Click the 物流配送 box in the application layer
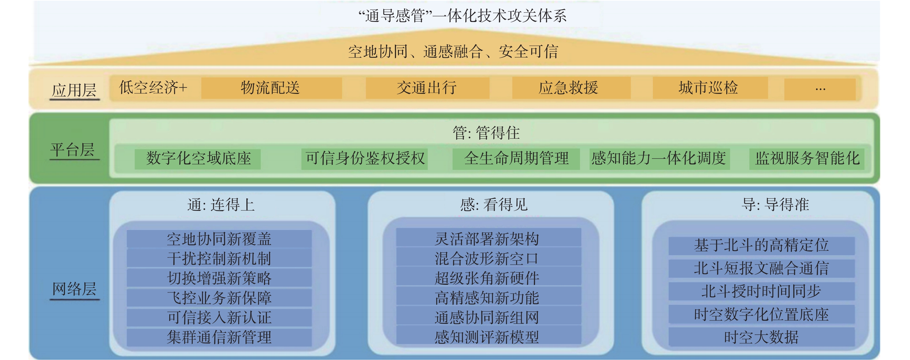point(271,88)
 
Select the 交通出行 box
point(427,88)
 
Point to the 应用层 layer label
point(74,90)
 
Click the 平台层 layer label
point(73,150)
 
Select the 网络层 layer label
point(74,289)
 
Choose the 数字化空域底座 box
point(198,159)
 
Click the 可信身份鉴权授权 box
point(365,159)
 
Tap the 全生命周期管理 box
point(516,159)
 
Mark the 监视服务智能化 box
point(807,159)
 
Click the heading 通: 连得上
point(221,205)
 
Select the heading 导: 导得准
point(775,205)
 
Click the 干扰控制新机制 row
point(219,259)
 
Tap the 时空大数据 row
point(761,337)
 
